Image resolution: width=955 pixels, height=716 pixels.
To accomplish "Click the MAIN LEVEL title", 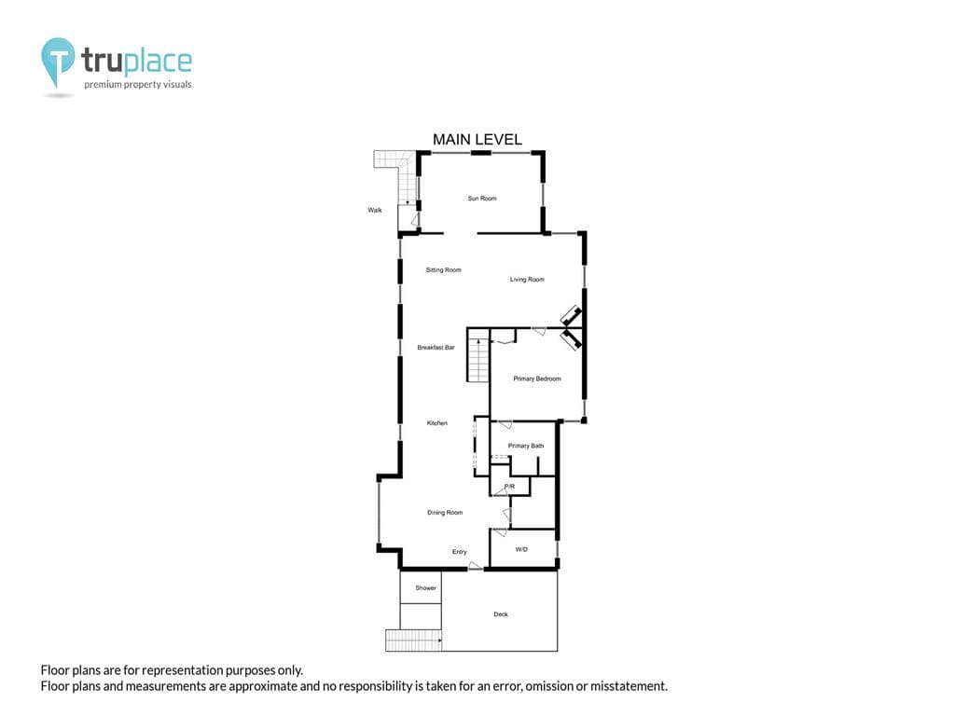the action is [x=477, y=140].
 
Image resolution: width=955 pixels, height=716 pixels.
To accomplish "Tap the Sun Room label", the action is [x=482, y=199].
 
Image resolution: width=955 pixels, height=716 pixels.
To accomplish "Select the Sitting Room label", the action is [x=443, y=269].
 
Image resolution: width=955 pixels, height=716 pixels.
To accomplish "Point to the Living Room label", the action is [x=527, y=280].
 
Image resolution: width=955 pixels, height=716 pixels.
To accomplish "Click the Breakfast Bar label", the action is [x=436, y=348].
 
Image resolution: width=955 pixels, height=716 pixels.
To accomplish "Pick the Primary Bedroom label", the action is [x=536, y=379].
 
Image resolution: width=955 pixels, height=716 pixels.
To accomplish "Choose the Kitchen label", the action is [x=436, y=423].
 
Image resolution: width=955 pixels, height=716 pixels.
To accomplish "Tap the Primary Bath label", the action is [x=526, y=446].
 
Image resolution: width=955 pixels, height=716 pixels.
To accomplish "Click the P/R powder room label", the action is [x=510, y=487].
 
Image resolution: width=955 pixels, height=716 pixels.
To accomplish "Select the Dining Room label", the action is [x=445, y=513].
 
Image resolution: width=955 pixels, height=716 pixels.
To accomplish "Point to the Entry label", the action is [x=459, y=552].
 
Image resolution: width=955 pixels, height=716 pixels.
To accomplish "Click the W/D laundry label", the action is [x=521, y=550].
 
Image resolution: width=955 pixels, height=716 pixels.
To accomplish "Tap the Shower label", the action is [x=425, y=588].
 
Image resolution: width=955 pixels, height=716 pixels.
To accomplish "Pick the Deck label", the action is [x=501, y=614].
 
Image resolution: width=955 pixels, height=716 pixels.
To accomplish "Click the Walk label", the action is [x=375, y=210].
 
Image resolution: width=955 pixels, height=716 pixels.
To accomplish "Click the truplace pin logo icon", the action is [x=58, y=61].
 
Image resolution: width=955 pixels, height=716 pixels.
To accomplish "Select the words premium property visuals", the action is [x=138, y=85].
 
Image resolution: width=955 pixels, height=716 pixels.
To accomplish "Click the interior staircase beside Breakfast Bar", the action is [x=478, y=355].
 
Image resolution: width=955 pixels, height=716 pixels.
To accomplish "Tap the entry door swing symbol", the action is [x=475, y=566].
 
